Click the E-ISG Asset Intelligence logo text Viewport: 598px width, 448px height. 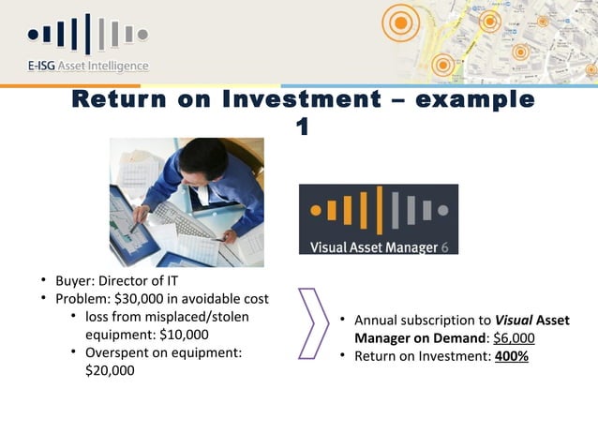[86, 66]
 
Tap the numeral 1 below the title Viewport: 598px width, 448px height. [302, 126]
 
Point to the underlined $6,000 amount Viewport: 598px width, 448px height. [514, 338]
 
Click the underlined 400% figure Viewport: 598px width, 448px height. [512, 356]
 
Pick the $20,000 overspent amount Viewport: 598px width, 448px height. [110, 370]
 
